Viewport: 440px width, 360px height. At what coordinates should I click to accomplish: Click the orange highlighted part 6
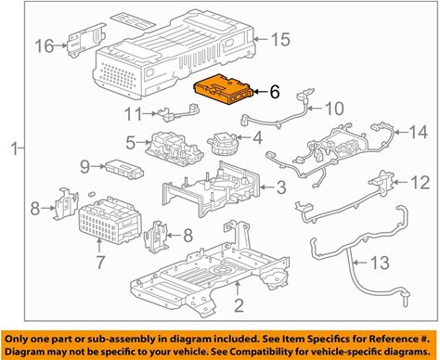point(224,90)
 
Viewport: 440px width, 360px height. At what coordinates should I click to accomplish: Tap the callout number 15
point(280,40)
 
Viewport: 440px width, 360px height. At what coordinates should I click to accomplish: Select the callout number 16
point(45,46)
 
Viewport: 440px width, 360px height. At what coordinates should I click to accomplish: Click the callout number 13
point(380,263)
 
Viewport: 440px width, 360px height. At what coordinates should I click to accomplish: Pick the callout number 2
point(239,305)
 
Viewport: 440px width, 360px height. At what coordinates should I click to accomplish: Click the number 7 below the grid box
point(99,262)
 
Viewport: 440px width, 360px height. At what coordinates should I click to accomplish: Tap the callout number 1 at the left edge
point(14,148)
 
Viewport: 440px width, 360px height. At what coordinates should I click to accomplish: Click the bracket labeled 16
point(85,40)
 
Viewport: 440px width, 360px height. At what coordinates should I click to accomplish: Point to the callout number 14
point(419,132)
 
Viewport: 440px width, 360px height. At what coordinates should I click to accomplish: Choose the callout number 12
point(420,183)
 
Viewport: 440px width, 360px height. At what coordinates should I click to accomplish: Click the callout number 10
point(334,109)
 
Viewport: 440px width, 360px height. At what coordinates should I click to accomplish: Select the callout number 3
point(281,186)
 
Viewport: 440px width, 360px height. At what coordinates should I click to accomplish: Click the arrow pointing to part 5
point(144,143)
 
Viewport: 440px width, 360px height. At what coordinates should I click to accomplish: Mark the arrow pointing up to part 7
point(99,246)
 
